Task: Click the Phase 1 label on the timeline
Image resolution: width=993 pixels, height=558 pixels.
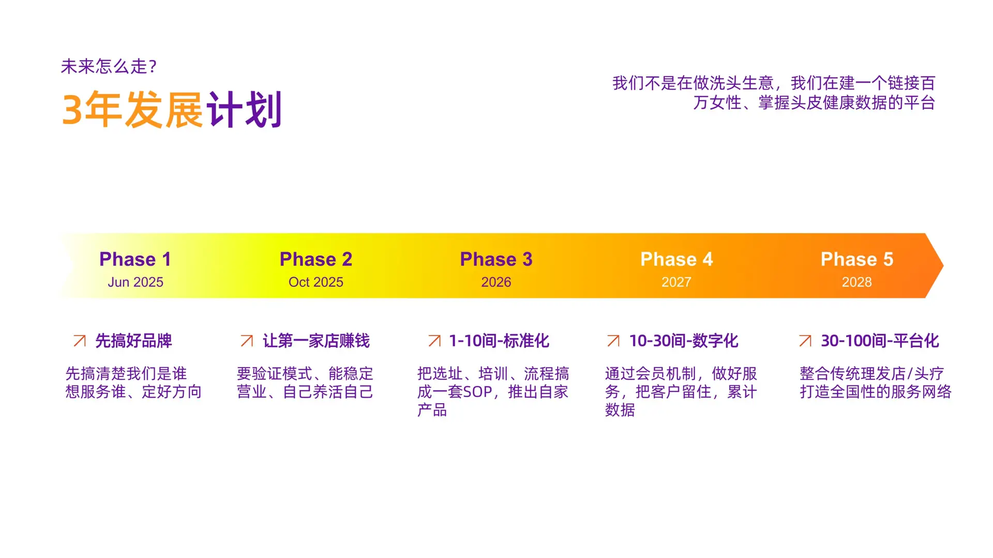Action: click(135, 259)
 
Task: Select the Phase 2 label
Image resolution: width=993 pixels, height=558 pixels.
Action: click(315, 259)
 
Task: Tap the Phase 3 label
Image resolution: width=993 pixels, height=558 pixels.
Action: click(496, 259)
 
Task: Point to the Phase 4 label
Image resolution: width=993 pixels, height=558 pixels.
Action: click(676, 259)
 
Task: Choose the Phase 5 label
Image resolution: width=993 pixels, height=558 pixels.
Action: click(857, 259)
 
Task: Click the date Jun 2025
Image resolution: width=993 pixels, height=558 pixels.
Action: click(136, 282)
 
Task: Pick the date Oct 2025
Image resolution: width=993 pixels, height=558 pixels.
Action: click(315, 282)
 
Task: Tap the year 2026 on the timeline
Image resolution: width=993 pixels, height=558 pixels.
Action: click(496, 282)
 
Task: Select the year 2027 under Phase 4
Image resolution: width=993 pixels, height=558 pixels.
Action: click(676, 282)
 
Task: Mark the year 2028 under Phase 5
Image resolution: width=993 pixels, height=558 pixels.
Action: click(857, 282)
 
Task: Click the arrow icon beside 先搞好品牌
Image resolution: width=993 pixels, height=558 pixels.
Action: click(80, 340)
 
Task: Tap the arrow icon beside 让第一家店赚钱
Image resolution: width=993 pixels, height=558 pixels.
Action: click(247, 340)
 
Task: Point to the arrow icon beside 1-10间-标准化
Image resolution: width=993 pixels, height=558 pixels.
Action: click(434, 340)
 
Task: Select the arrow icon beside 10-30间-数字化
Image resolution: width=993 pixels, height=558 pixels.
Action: click(613, 340)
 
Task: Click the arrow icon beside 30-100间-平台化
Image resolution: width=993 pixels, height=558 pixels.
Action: click(805, 340)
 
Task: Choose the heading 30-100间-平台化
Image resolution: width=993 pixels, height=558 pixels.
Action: click(880, 341)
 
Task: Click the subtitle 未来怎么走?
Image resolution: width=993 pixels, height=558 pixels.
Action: click(109, 66)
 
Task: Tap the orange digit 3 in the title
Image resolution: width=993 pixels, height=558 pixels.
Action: click(72, 110)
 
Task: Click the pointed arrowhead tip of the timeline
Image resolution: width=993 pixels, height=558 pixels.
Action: click(943, 265)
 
